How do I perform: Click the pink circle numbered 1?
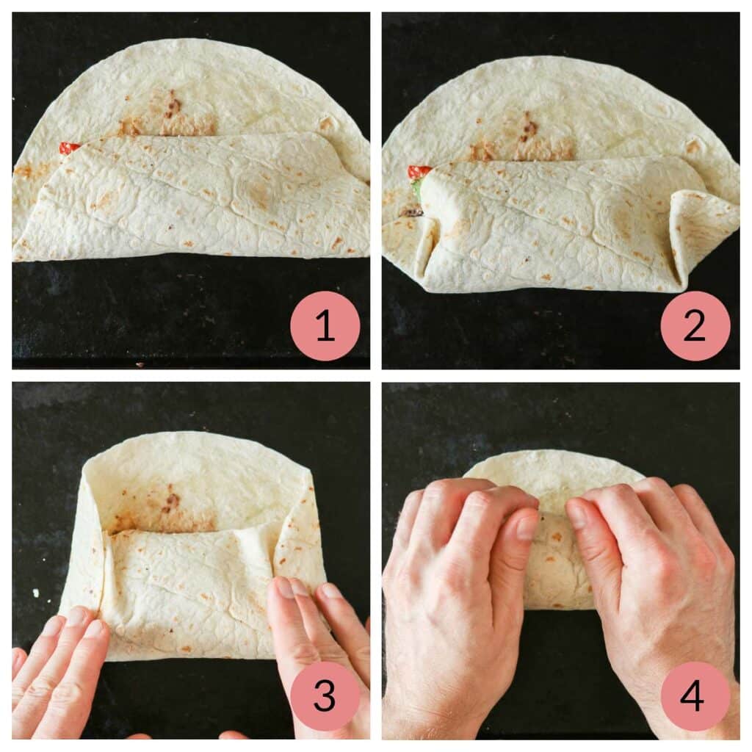(325, 326)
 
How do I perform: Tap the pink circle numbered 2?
(695, 326)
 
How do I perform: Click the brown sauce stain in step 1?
(170, 110)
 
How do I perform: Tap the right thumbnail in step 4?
(577, 514)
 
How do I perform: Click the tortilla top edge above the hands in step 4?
(551, 458)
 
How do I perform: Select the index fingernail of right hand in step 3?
(283, 587)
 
